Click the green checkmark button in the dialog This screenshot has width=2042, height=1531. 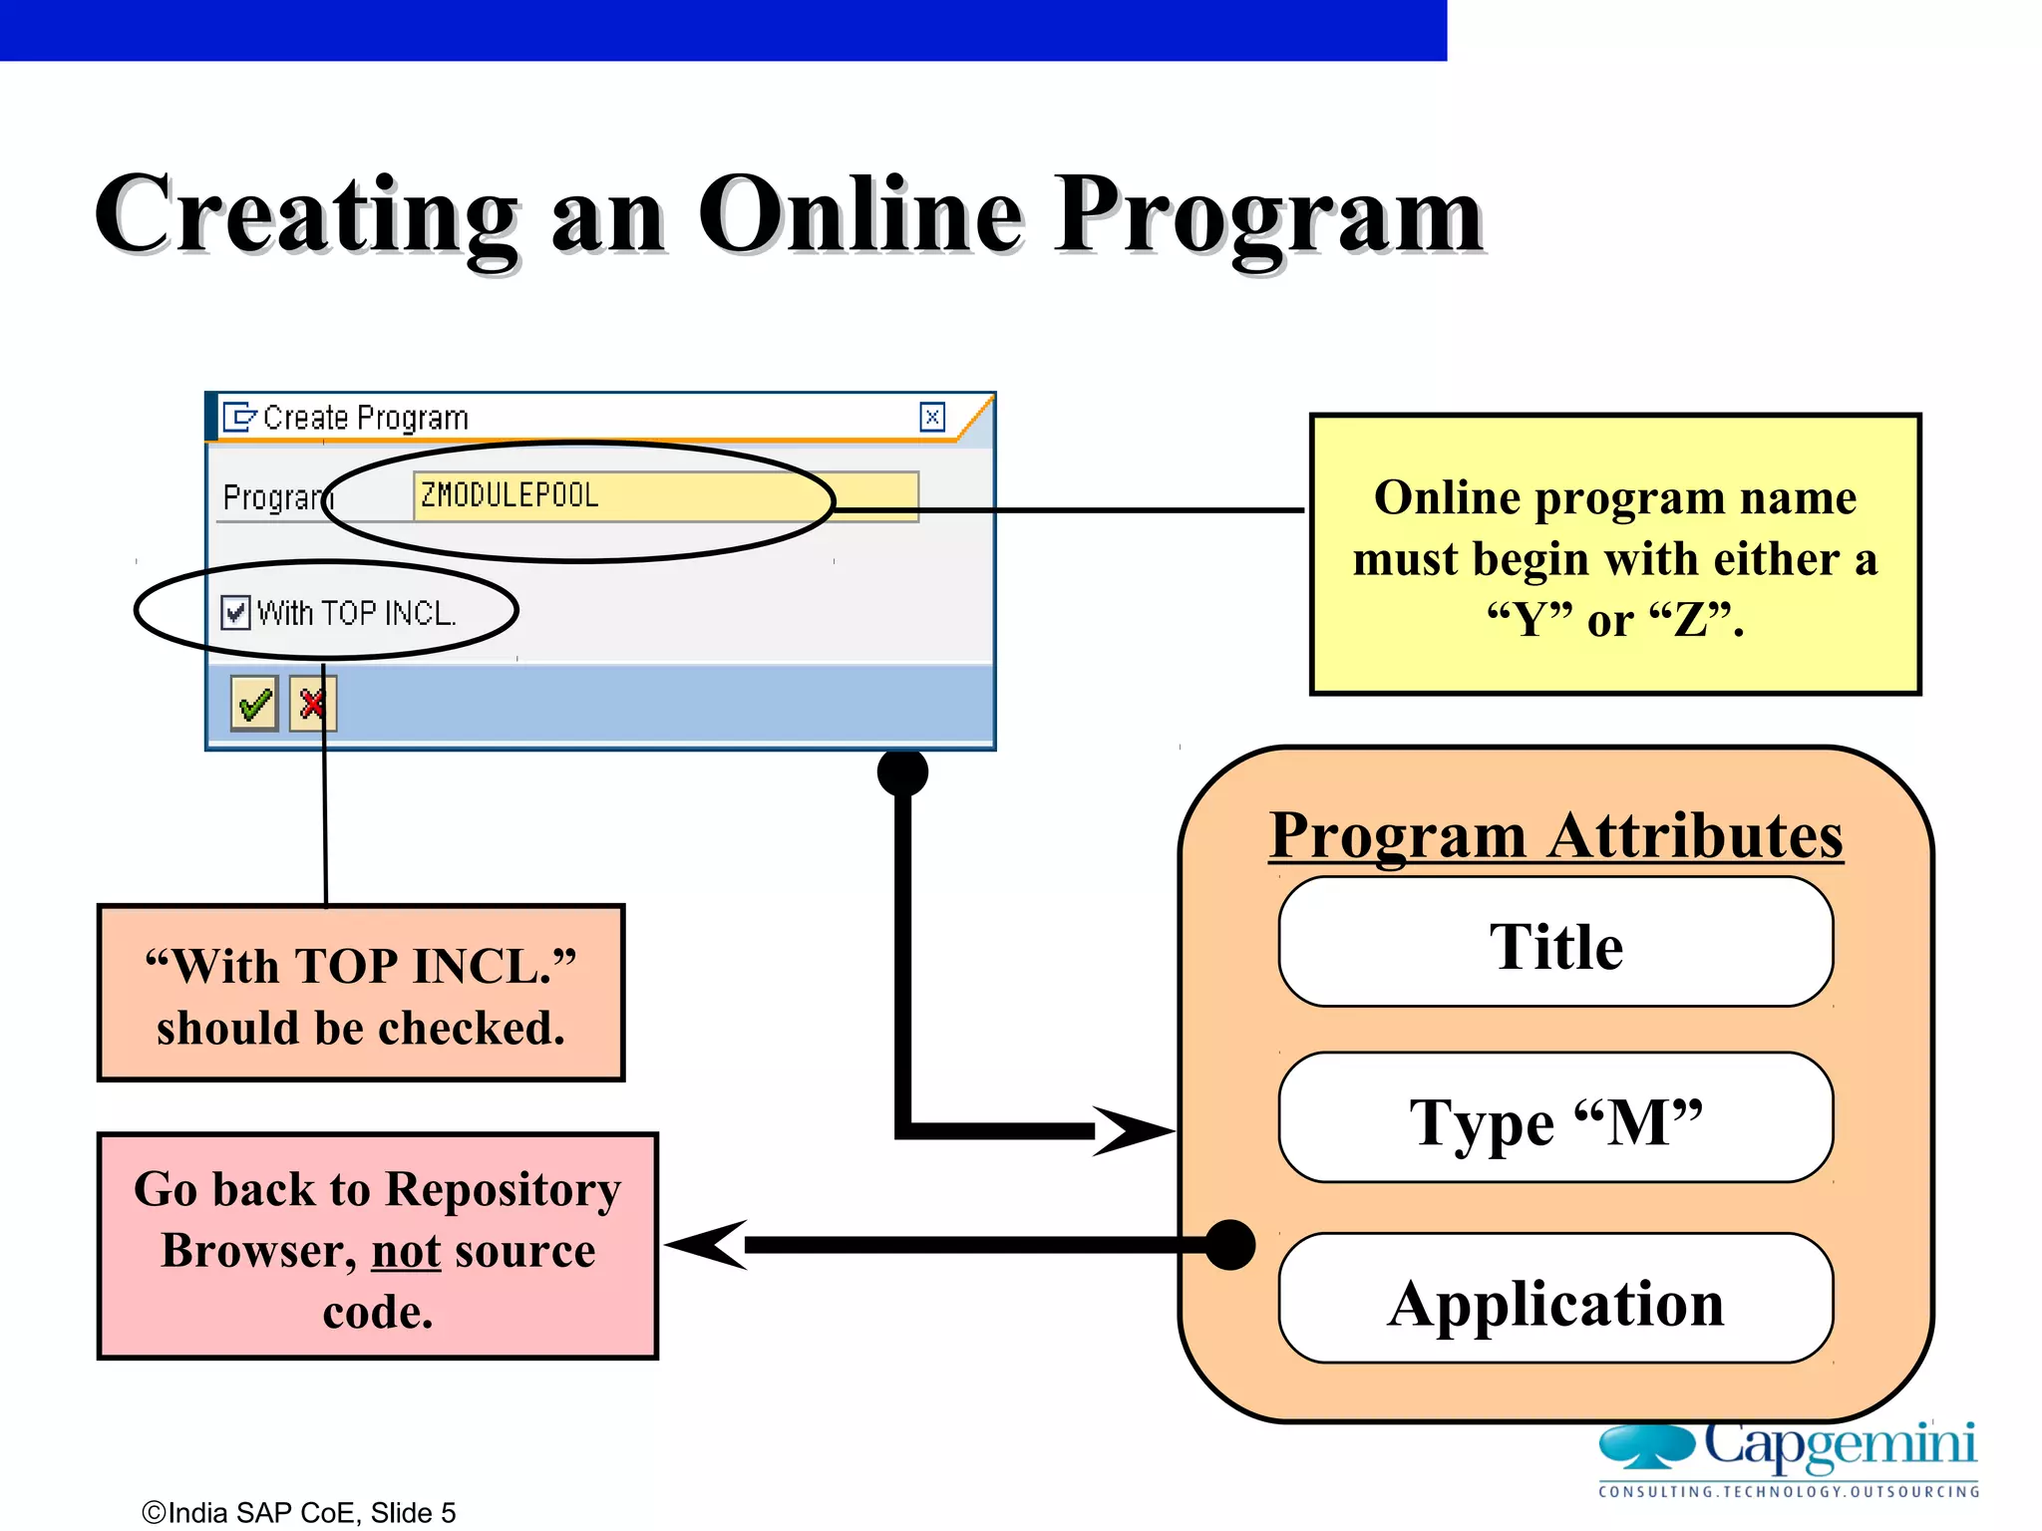(x=254, y=704)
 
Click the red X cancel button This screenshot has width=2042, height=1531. (x=313, y=704)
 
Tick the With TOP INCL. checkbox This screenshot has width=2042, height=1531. (x=235, y=612)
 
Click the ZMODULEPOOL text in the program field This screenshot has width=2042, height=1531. (x=510, y=495)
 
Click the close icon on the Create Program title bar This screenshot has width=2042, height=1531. (x=931, y=417)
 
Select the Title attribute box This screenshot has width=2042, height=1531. (x=1555, y=944)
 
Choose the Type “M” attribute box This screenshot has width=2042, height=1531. (x=1555, y=1119)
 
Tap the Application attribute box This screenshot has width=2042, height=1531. (x=1555, y=1300)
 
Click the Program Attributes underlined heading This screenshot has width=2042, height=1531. (x=1555, y=835)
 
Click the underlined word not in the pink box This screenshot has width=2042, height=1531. (x=406, y=1251)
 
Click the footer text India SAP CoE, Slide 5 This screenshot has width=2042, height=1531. (x=299, y=1512)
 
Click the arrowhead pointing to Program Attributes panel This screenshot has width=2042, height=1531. (x=1132, y=1130)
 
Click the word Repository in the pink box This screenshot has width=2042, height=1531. (x=503, y=1189)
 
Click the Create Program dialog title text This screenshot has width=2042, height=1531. (x=365, y=418)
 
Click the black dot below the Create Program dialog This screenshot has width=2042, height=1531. (x=902, y=772)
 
